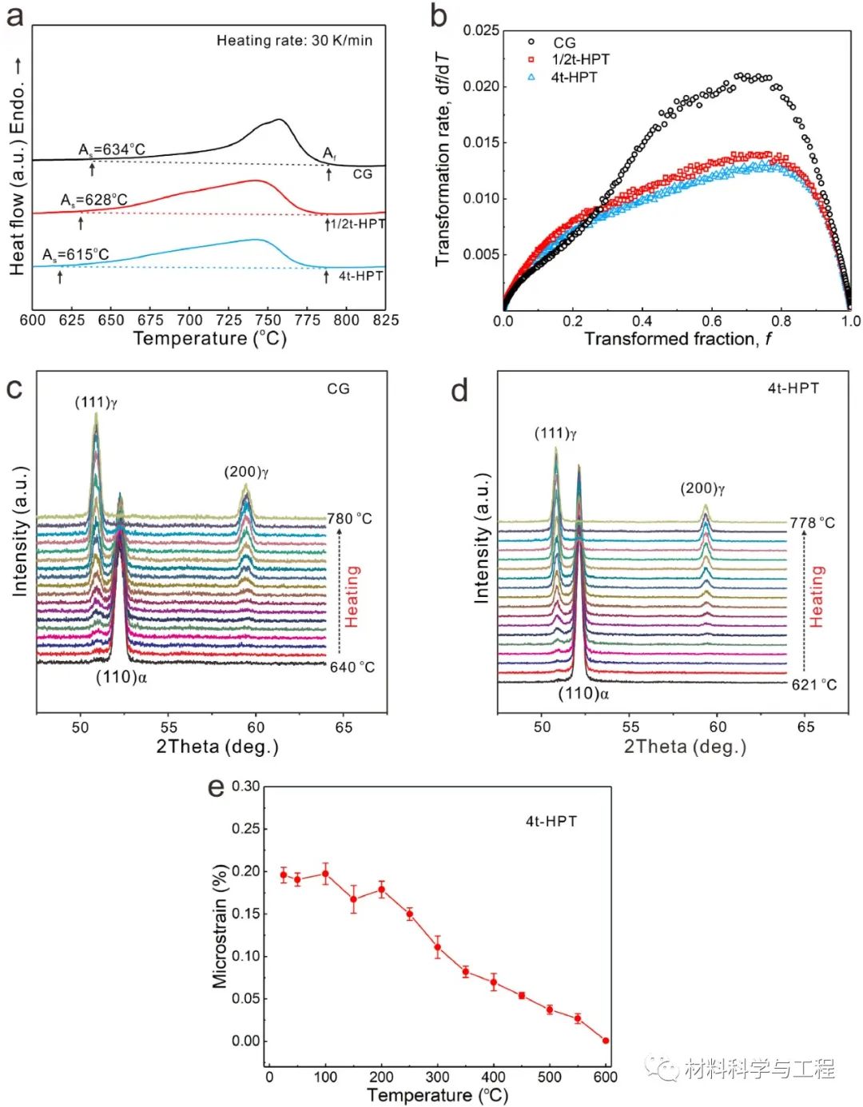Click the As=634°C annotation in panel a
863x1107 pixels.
click(112, 149)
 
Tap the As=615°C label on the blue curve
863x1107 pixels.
click(76, 255)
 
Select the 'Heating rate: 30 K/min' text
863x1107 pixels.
click(294, 41)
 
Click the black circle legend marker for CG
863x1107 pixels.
click(531, 42)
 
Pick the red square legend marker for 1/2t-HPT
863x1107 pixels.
click(531, 59)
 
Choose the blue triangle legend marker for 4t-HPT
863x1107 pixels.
click(531, 77)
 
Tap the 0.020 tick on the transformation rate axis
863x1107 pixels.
click(481, 86)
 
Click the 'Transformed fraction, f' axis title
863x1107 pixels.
click(678, 339)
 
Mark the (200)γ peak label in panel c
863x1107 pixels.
click(246, 472)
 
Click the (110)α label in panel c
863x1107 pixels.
click(121, 677)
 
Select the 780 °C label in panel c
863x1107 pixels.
click(349, 519)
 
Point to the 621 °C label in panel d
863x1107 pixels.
click(813, 685)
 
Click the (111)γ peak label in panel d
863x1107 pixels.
click(555, 434)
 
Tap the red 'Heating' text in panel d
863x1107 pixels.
click(816, 596)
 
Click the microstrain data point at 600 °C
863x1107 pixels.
click(606, 1041)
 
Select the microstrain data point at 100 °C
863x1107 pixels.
click(325, 874)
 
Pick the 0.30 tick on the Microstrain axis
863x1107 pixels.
click(245, 786)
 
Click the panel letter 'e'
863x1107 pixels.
click(216, 787)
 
